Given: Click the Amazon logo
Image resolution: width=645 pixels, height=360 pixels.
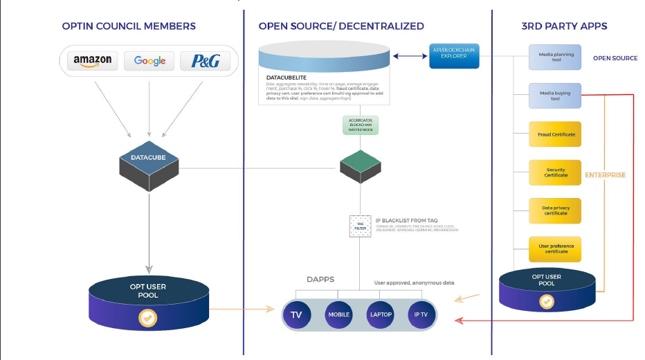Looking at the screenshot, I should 93,60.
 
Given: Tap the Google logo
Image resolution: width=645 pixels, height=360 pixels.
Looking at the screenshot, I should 149,60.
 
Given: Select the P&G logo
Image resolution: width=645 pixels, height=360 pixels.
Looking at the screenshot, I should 205,60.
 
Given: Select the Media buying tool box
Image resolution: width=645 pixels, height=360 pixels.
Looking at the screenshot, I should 555,96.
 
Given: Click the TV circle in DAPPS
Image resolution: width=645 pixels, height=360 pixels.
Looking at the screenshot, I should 296,315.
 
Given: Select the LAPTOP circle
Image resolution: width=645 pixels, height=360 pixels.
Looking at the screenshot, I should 380,315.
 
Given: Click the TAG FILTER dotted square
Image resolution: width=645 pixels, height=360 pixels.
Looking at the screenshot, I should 359,226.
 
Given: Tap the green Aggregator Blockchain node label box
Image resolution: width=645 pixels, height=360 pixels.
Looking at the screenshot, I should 359,125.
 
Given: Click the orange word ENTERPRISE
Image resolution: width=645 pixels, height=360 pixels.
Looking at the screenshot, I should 606,175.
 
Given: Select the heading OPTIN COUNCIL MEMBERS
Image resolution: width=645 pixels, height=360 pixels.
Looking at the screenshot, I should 129,26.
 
